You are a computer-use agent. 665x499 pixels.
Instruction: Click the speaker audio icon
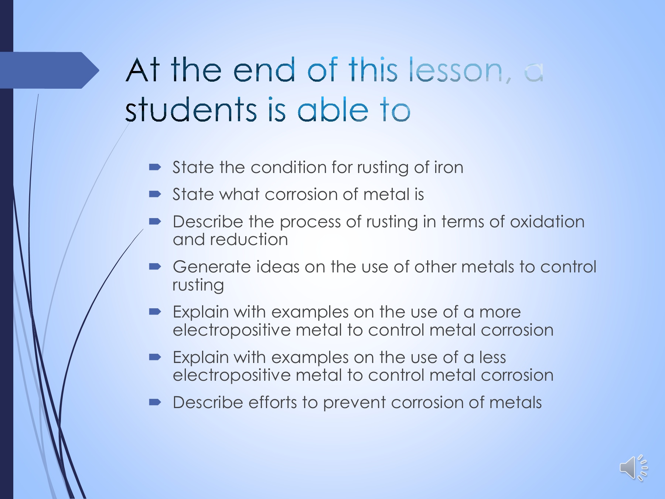(633, 468)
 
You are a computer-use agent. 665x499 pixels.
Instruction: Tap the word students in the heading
(191, 109)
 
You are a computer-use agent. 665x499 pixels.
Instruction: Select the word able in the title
(333, 109)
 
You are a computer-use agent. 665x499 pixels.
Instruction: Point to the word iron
(449, 167)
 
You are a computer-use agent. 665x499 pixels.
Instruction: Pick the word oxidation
(547, 222)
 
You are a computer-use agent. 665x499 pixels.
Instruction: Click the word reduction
(249, 240)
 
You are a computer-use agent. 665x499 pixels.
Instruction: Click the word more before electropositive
(500, 312)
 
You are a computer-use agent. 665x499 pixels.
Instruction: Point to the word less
(492, 357)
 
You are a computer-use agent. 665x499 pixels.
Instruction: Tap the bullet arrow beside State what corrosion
(155, 194)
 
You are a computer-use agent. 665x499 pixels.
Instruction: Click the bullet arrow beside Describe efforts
(155, 402)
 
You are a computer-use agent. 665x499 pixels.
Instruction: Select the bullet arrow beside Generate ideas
(155, 267)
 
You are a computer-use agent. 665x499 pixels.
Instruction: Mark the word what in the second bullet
(239, 194)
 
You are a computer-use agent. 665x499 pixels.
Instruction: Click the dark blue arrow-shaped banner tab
(50, 70)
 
